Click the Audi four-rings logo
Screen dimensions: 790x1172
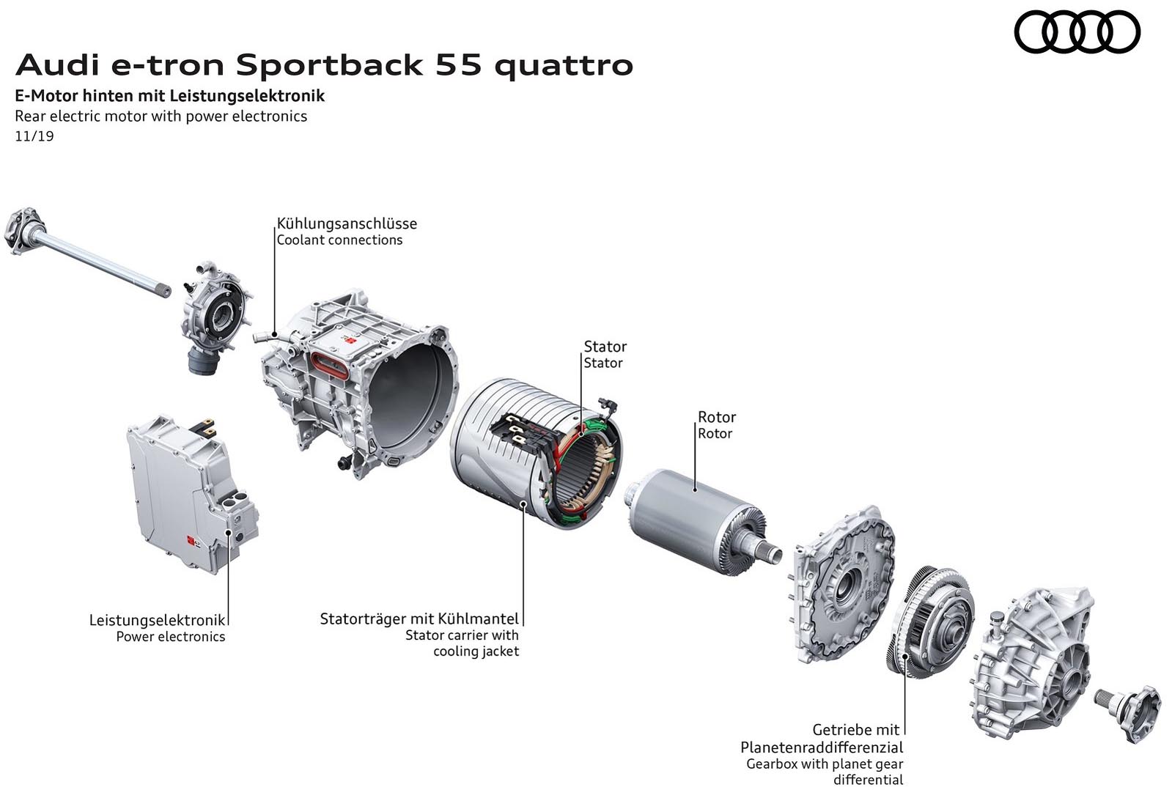point(1077,33)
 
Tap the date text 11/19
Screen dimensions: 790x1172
point(34,136)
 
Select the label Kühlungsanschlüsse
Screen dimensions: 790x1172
point(347,224)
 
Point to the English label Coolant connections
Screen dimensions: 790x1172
point(339,240)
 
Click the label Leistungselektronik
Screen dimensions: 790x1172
point(157,620)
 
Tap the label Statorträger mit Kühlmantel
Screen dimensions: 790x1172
point(419,619)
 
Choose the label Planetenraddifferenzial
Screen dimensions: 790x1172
point(822,747)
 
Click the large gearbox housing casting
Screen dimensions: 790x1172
point(1033,660)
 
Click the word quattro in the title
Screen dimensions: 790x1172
point(564,64)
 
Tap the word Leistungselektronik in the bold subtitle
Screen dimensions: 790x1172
point(247,95)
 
